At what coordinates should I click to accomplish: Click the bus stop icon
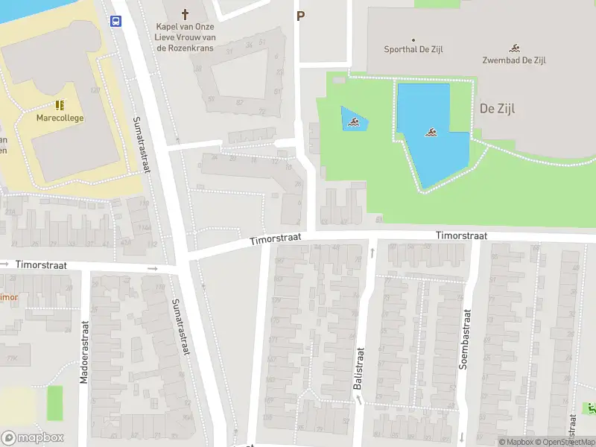point(117,21)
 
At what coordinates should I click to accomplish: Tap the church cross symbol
point(186,13)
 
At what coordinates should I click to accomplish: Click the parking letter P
point(301,16)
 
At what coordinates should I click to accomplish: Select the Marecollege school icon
point(60,106)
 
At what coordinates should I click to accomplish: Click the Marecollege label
point(60,118)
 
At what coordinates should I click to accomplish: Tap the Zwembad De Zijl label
point(514,60)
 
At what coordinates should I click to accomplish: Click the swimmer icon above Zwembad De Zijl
point(514,47)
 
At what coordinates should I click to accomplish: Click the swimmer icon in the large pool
point(431,133)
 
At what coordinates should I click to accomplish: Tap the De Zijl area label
point(498,108)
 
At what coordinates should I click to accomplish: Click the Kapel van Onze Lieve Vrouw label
point(184,37)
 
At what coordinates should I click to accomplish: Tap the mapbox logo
point(33,438)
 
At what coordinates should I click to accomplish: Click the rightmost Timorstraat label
point(462,235)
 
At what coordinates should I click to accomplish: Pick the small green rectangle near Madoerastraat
point(55,403)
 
